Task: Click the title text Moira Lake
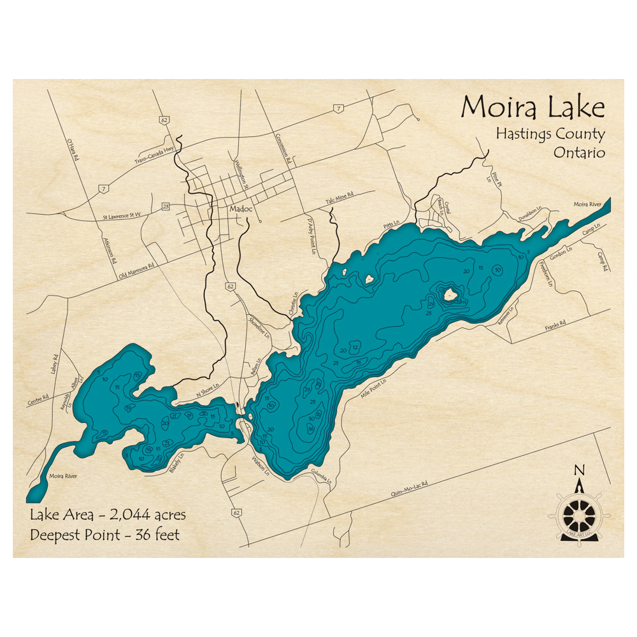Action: [532, 108]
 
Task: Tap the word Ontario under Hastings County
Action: [578, 153]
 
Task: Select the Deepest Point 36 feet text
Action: [104, 534]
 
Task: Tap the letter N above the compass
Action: [579, 471]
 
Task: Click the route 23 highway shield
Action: [166, 206]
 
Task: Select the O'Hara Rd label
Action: [70, 150]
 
